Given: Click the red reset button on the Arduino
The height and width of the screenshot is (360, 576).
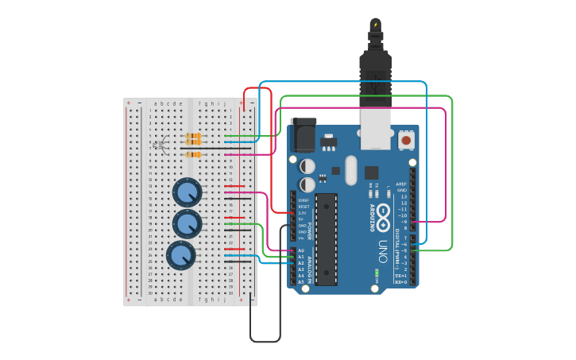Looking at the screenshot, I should (x=406, y=140).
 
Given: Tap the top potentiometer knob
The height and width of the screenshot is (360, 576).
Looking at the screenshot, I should (x=187, y=192).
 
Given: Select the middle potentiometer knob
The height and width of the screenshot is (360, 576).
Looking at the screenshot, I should (x=187, y=224).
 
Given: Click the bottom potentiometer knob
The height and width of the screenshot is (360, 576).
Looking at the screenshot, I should (x=180, y=255).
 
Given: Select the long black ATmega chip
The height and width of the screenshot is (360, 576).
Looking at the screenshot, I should (x=326, y=238).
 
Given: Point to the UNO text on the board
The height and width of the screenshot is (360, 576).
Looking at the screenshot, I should (x=382, y=246).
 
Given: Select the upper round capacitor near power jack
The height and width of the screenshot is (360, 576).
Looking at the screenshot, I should (x=307, y=167).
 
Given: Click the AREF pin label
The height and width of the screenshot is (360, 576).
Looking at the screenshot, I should (x=402, y=184).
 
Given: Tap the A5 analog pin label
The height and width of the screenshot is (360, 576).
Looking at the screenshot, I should (x=300, y=282).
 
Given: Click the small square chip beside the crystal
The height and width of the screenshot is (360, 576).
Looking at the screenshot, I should (x=372, y=172).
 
